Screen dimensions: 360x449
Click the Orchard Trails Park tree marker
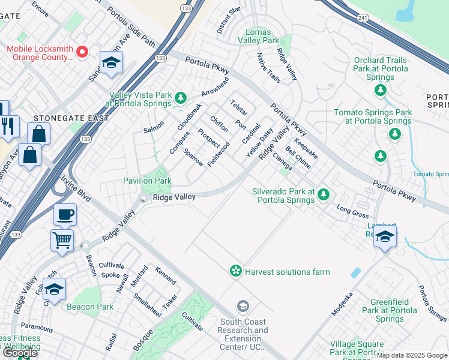(380, 90)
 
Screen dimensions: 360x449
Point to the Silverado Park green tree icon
(324, 193)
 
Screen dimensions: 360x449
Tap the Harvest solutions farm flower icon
(236, 271)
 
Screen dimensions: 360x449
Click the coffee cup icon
(65, 214)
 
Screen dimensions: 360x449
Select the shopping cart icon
(62, 241)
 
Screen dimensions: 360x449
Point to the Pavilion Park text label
(147, 181)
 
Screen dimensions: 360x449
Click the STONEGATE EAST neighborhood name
(71, 118)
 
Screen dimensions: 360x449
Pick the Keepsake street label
(306, 148)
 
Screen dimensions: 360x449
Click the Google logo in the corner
(19, 352)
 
